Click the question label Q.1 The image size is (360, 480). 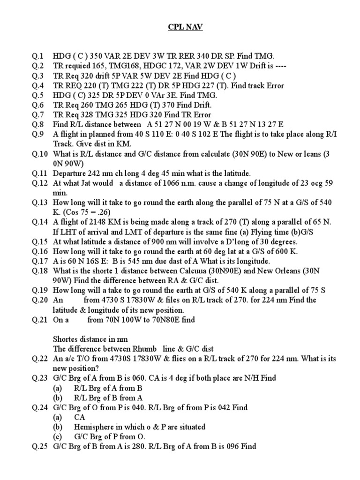[x=38, y=56]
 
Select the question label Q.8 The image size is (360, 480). [x=38, y=124]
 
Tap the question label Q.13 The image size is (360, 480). [x=40, y=202]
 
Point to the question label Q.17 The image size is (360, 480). [x=40, y=261]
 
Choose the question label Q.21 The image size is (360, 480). [x=40, y=320]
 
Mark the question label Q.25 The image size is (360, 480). [x=40, y=447]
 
